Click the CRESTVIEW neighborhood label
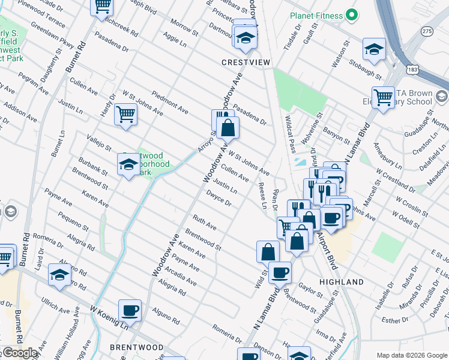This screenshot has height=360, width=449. pyautogui.click(x=247, y=62)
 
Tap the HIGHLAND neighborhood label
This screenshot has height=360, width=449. pyautogui.click(x=342, y=282)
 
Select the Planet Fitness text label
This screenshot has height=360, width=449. pyautogui.click(x=315, y=15)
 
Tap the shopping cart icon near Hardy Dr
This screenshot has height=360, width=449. pyautogui.click(x=125, y=113)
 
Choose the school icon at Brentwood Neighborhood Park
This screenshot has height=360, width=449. pyautogui.click(x=128, y=164)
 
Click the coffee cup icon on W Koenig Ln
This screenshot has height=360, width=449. pyautogui.click(x=130, y=311)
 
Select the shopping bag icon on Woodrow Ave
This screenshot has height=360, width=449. pyautogui.click(x=228, y=127)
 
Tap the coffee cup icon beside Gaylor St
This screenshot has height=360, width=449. pyautogui.click(x=280, y=272)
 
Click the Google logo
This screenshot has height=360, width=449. pyautogui.click(x=20, y=353)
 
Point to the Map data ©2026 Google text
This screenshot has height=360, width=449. pyautogui.click(x=412, y=355)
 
